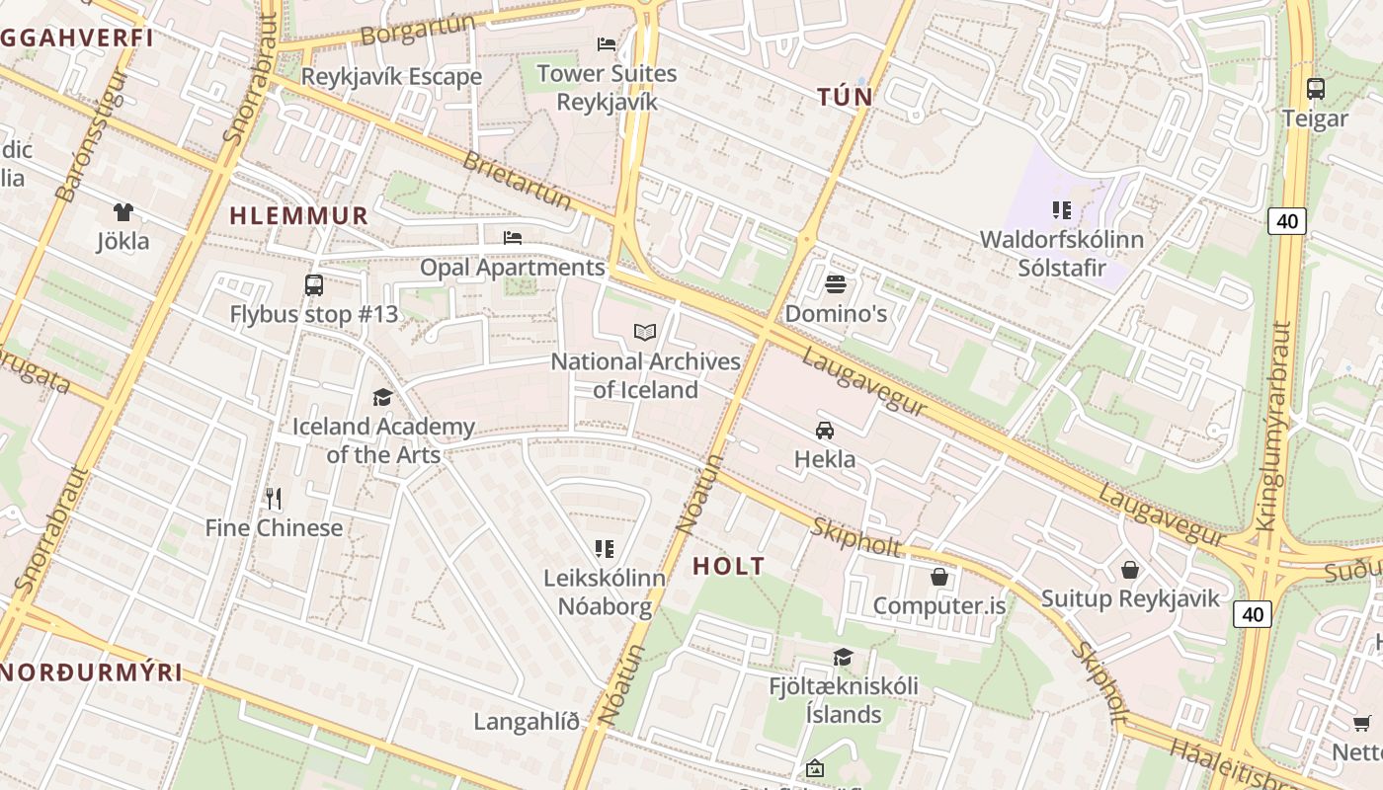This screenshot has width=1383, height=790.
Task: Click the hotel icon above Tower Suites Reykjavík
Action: tap(607, 44)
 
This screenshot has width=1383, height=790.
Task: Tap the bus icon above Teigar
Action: tap(1315, 88)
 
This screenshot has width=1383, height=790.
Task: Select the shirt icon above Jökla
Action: tap(122, 211)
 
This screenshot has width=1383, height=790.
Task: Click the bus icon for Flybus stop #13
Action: tap(313, 285)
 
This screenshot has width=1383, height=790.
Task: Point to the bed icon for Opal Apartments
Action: tap(513, 238)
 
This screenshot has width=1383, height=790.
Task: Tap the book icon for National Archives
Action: tap(645, 332)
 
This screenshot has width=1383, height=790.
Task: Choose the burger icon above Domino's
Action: tap(836, 284)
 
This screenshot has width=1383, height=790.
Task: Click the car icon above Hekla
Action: tap(825, 430)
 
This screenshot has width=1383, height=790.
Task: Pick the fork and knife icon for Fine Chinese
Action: tap(274, 499)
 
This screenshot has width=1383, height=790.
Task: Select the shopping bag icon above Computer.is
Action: tap(938, 576)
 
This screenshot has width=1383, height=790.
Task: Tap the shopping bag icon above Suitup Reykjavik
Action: tap(1130, 570)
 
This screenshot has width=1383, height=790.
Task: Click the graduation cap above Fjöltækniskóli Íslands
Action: tap(843, 657)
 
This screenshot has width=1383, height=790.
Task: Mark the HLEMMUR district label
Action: tap(298, 215)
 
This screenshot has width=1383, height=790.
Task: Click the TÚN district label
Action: tap(845, 97)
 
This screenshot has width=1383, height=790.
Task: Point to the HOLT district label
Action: tap(728, 566)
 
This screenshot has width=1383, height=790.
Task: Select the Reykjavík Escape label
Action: tap(391, 76)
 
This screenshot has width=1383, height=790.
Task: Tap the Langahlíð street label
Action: tap(527, 721)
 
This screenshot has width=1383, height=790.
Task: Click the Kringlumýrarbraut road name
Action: tap(1275, 425)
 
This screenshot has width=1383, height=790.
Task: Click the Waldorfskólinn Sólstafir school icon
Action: tap(1062, 209)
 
